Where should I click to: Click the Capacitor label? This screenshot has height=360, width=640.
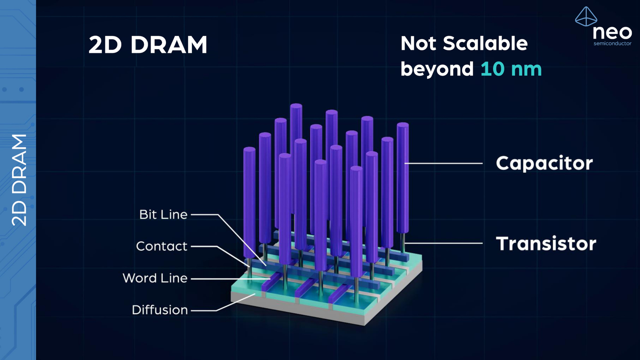pos(544,163)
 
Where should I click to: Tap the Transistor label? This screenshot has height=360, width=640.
pos(546,244)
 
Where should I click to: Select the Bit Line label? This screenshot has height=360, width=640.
pos(163,214)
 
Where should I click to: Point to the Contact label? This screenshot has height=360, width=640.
pos(162,246)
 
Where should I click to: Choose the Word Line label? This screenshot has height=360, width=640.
pos(155,278)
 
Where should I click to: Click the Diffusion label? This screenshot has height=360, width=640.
pos(160,310)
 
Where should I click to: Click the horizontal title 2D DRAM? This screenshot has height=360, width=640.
pos(148,45)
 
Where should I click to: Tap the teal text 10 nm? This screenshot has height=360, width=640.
pos(511,69)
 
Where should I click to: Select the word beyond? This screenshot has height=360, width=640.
pos(437,69)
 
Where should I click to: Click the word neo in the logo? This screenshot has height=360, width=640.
pos(612,32)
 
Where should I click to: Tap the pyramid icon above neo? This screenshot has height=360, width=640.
pos(586,17)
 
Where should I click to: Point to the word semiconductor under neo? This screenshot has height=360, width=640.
pos(612,43)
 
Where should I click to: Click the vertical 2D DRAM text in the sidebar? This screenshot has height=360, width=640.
pos(19,180)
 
